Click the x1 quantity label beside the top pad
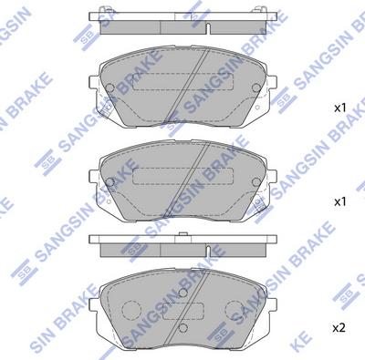pyautogui.click(x=341, y=108)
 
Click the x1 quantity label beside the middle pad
pyautogui.click(x=341, y=200)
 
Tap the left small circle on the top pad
pyautogui.click(x=109, y=88)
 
